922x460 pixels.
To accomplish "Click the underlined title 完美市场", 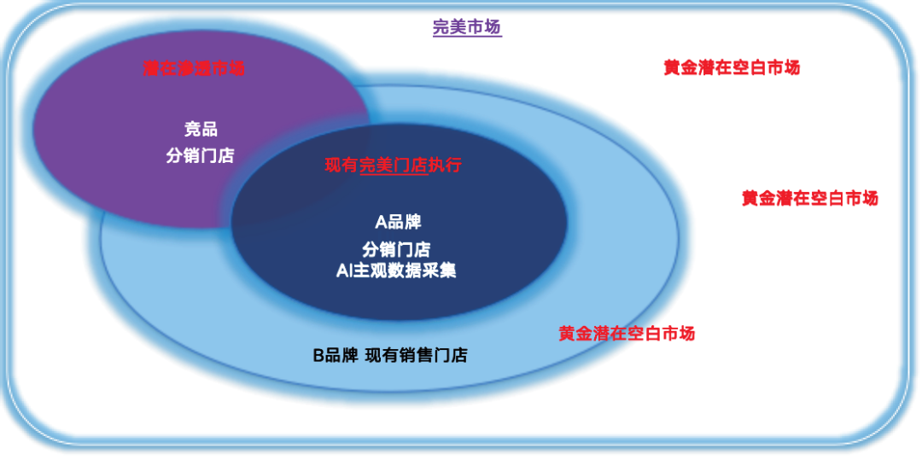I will tap(466, 27).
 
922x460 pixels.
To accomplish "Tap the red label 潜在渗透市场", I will tap(194, 68).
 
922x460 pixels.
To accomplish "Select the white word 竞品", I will tap(201, 130).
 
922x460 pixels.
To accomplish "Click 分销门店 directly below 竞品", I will tap(200, 156).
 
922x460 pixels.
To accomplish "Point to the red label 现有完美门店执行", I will tap(393, 165).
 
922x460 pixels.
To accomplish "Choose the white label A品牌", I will tap(398, 222).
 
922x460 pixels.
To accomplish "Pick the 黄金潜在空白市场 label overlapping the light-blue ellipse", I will tap(627, 334).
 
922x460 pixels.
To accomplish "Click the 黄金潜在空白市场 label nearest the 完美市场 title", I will tap(732, 67).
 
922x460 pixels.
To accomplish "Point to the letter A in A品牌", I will tap(381, 222).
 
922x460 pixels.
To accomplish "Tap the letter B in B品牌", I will tap(318, 356).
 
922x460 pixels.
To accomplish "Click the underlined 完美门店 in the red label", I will tap(393, 165).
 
